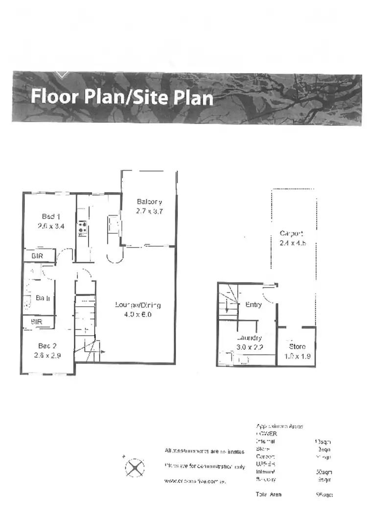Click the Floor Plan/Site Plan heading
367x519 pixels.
tap(122, 96)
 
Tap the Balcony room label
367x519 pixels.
tap(149, 202)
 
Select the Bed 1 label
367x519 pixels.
tap(51, 216)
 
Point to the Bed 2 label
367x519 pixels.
tap(48, 346)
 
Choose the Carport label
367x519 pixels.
tap(292, 233)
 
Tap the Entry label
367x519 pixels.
tap(253, 305)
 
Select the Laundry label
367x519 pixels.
tap(249, 338)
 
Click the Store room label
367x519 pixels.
tap(297, 347)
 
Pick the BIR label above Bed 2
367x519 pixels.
tap(37, 322)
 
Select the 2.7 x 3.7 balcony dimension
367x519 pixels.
tap(149, 211)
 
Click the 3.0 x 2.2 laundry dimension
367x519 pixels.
tap(249, 347)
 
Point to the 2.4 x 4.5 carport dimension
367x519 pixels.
tap(293, 243)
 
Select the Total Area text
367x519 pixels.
tap(269, 495)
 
